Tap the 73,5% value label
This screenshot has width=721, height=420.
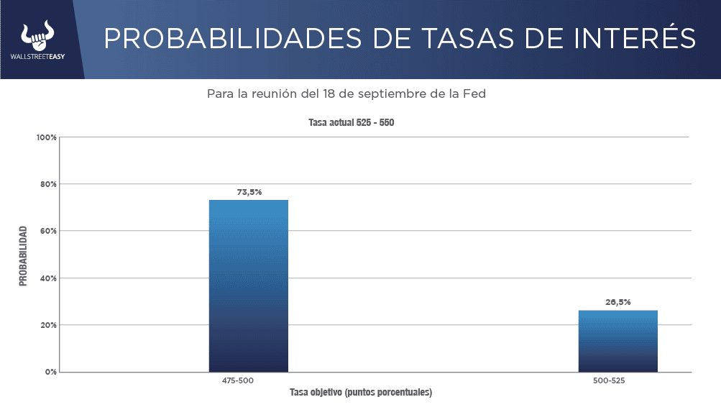point(249,192)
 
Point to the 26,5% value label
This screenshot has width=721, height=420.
point(618,302)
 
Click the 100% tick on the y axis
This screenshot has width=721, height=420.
point(47,137)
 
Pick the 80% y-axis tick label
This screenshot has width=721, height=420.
point(48,184)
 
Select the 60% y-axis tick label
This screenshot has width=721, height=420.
point(48,231)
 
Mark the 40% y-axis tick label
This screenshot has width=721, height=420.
point(48,278)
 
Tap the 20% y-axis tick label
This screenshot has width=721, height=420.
point(48,325)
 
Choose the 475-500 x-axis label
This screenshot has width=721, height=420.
point(238,380)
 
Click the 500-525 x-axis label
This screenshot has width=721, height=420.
point(609,380)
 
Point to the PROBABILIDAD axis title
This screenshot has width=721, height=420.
point(23,256)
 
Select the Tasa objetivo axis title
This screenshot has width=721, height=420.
point(360,393)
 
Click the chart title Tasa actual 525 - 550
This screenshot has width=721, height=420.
point(352,122)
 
